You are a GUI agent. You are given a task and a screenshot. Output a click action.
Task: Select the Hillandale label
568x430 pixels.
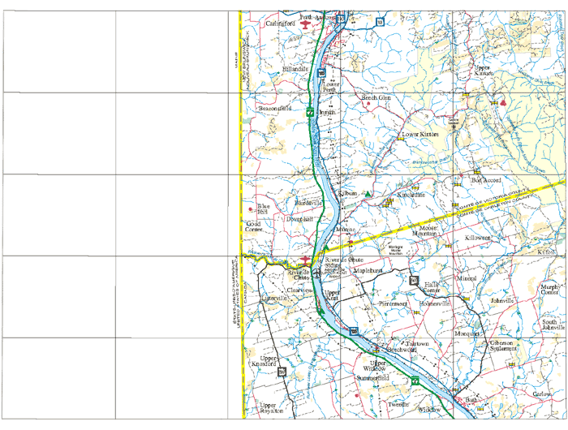[295, 71]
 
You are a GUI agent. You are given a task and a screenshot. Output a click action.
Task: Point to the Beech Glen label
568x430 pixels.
[377, 97]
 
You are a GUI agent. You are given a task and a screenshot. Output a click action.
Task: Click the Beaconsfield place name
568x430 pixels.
[274, 108]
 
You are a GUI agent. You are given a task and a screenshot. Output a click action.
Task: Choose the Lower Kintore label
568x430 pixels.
[420, 134]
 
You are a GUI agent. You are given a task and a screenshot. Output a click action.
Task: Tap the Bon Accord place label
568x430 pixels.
[487, 180]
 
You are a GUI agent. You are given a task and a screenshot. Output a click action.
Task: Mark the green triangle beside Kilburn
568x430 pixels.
[368, 195]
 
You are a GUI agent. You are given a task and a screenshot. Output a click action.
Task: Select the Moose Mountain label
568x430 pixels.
[424, 231]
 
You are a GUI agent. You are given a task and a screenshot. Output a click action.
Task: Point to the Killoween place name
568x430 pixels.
[478, 238]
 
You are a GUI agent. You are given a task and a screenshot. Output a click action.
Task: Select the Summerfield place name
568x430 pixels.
[372, 378]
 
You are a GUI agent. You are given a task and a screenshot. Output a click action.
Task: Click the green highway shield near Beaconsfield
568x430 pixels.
[310, 112]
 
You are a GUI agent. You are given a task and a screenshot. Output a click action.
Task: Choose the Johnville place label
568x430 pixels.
[502, 301]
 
